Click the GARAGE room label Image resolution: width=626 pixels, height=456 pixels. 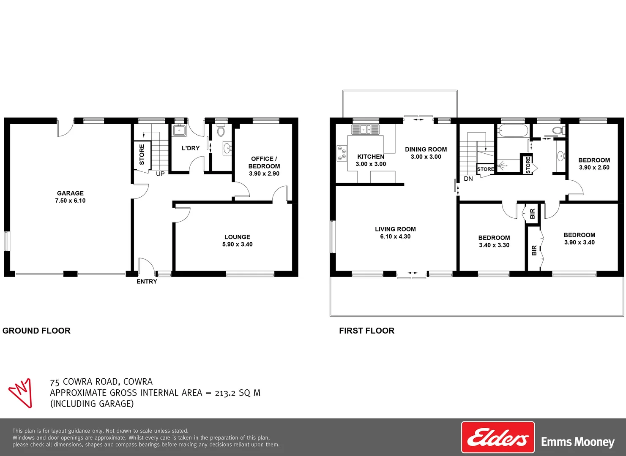click(70, 193)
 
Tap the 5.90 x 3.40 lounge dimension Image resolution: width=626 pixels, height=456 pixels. click(237, 244)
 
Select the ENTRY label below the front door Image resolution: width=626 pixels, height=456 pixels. click(147, 282)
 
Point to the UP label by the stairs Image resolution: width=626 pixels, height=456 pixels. click(160, 174)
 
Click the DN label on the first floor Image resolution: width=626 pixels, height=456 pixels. click(468, 179)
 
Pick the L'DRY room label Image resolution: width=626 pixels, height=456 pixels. click(190, 148)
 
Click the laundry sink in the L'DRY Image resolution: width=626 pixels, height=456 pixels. click(180, 130)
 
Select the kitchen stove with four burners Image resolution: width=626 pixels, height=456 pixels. click(342, 153)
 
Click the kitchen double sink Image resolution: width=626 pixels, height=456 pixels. click(365, 129)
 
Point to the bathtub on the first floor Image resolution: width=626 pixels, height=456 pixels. click(512, 130)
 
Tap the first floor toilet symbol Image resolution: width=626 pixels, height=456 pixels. click(558, 130)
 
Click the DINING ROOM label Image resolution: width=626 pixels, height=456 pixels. click(426, 149)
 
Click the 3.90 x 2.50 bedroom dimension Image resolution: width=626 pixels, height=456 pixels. click(594, 168)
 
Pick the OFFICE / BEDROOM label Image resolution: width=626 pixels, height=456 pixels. click(264, 163)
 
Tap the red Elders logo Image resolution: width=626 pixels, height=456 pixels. click(498, 440)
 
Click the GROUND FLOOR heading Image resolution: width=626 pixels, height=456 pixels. click(36, 331)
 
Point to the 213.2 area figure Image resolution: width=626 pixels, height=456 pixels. click(225, 393)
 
